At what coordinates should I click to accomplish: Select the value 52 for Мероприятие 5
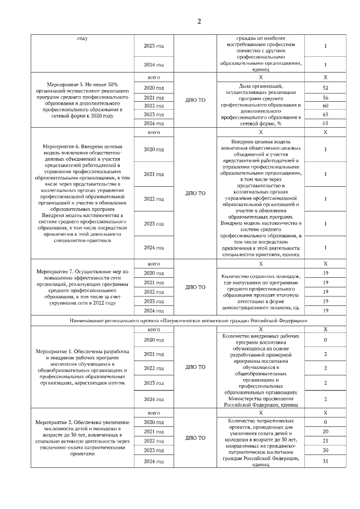(326, 88)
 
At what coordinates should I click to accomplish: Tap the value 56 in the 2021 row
(326, 98)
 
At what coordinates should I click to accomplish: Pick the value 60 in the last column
(326, 106)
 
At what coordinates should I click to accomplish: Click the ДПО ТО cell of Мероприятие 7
(195, 287)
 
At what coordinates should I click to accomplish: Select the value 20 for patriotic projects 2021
(326, 431)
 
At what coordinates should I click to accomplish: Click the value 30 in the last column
(326, 450)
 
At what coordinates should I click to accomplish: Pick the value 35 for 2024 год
(326, 461)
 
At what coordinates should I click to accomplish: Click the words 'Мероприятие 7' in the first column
(55, 271)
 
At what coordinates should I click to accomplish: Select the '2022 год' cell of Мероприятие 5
(154, 106)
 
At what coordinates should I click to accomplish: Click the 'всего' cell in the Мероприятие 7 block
(154, 263)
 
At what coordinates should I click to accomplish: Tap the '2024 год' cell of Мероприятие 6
(154, 247)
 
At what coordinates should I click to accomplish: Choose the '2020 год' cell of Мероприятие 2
(154, 422)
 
